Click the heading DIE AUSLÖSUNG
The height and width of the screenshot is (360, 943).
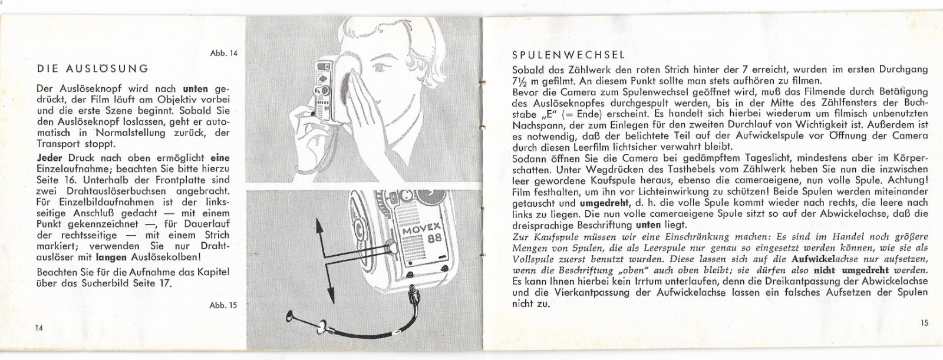point(93,68)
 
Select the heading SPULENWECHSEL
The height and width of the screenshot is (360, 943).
point(569,55)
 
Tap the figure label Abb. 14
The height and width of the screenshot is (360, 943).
point(223,53)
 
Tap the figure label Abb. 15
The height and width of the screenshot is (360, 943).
point(223,305)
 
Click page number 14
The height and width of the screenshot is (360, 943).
point(39,328)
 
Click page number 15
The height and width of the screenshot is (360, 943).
point(924,323)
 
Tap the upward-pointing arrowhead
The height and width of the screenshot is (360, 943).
point(319,227)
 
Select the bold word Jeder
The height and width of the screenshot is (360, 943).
point(50,158)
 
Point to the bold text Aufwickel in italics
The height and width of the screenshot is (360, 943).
point(809,259)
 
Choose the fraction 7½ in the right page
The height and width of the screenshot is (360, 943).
point(518,81)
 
